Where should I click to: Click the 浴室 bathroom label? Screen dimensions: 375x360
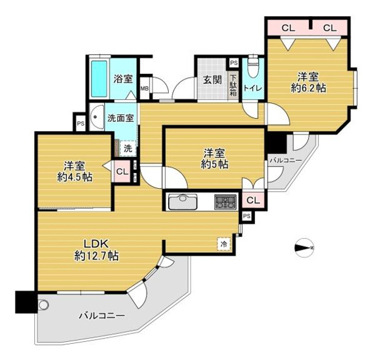click(123, 78)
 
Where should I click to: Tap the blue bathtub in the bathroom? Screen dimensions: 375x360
click(99, 78)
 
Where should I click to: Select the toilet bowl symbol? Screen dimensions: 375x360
click(253, 67)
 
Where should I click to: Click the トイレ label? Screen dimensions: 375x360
click(253, 88)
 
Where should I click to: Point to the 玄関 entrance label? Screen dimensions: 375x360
click(212, 80)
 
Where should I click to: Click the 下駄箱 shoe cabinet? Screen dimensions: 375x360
click(233, 86)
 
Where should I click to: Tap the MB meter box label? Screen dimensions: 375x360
click(145, 88)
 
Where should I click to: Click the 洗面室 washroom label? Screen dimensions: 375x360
click(121, 118)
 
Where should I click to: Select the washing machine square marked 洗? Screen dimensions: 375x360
click(128, 149)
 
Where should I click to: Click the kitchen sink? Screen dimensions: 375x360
click(183, 202)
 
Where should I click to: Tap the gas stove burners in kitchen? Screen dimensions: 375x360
click(225, 202)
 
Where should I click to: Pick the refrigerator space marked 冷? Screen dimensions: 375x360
click(224, 244)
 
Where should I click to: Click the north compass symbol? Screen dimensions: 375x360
click(304, 248)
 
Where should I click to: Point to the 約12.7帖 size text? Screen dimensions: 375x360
click(97, 256)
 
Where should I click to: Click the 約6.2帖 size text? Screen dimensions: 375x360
click(308, 88)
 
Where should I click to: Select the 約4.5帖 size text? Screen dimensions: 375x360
click(75, 177)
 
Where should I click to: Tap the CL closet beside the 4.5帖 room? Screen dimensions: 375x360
click(122, 171)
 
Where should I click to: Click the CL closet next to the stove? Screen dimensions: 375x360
click(253, 200)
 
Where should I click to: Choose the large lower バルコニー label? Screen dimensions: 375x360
click(102, 316)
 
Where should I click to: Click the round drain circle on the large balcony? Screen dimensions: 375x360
click(43, 305)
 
